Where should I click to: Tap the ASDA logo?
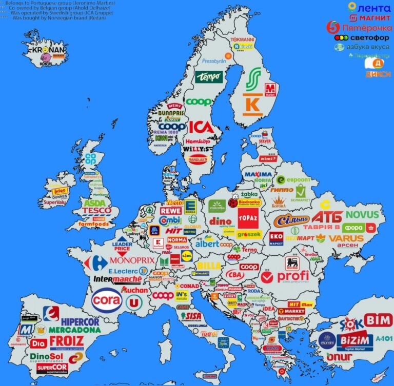tap(95, 203)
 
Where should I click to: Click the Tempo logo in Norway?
tap(209, 77)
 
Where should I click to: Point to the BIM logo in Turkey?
tap(379, 319)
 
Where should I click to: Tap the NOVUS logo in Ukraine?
tap(362, 215)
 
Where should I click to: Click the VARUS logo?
tap(346, 238)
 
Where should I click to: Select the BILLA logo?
tap(209, 266)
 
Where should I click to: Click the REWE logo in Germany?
tap(170, 211)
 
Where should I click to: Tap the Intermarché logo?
tap(117, 279)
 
